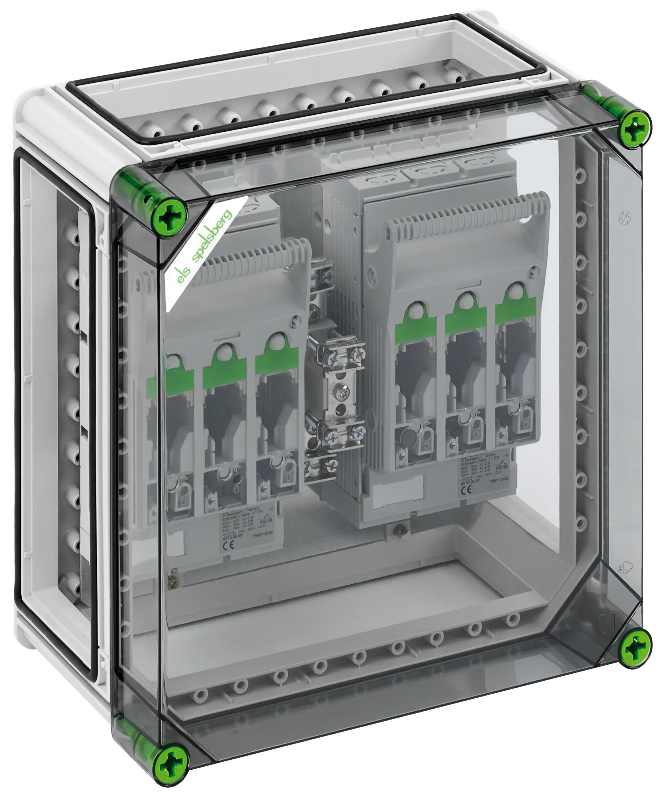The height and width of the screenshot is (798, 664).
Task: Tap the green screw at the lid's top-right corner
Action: coord(634,129)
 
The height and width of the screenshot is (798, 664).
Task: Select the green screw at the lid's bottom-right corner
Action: coord(634,647)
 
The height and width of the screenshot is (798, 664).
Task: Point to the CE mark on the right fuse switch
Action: coord(466,490)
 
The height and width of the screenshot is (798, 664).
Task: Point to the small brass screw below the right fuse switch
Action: coord(398,528)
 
